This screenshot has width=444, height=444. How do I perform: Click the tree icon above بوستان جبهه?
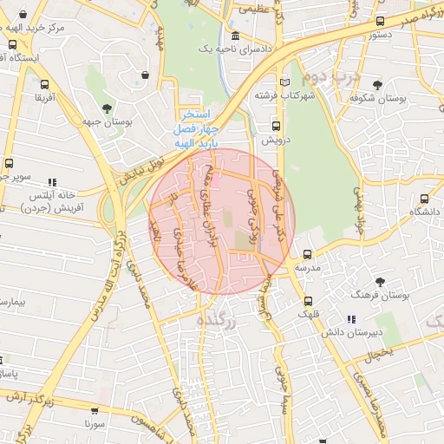point(107,108)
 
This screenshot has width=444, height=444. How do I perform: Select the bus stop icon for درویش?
point(264,126)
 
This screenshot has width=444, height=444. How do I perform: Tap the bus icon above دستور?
point(380,22)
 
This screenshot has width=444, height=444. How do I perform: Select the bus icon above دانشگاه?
point(424,199)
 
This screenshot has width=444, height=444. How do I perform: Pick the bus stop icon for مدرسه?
point(308,255)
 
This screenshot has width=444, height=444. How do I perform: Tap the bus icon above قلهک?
point(309,302)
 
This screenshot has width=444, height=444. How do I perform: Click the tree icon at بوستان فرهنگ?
point(380,282)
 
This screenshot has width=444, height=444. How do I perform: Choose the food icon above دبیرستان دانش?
point(350,320)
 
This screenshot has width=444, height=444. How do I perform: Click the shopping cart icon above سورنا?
point(95,412)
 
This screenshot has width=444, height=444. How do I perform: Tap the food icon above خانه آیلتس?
point(52,183)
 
